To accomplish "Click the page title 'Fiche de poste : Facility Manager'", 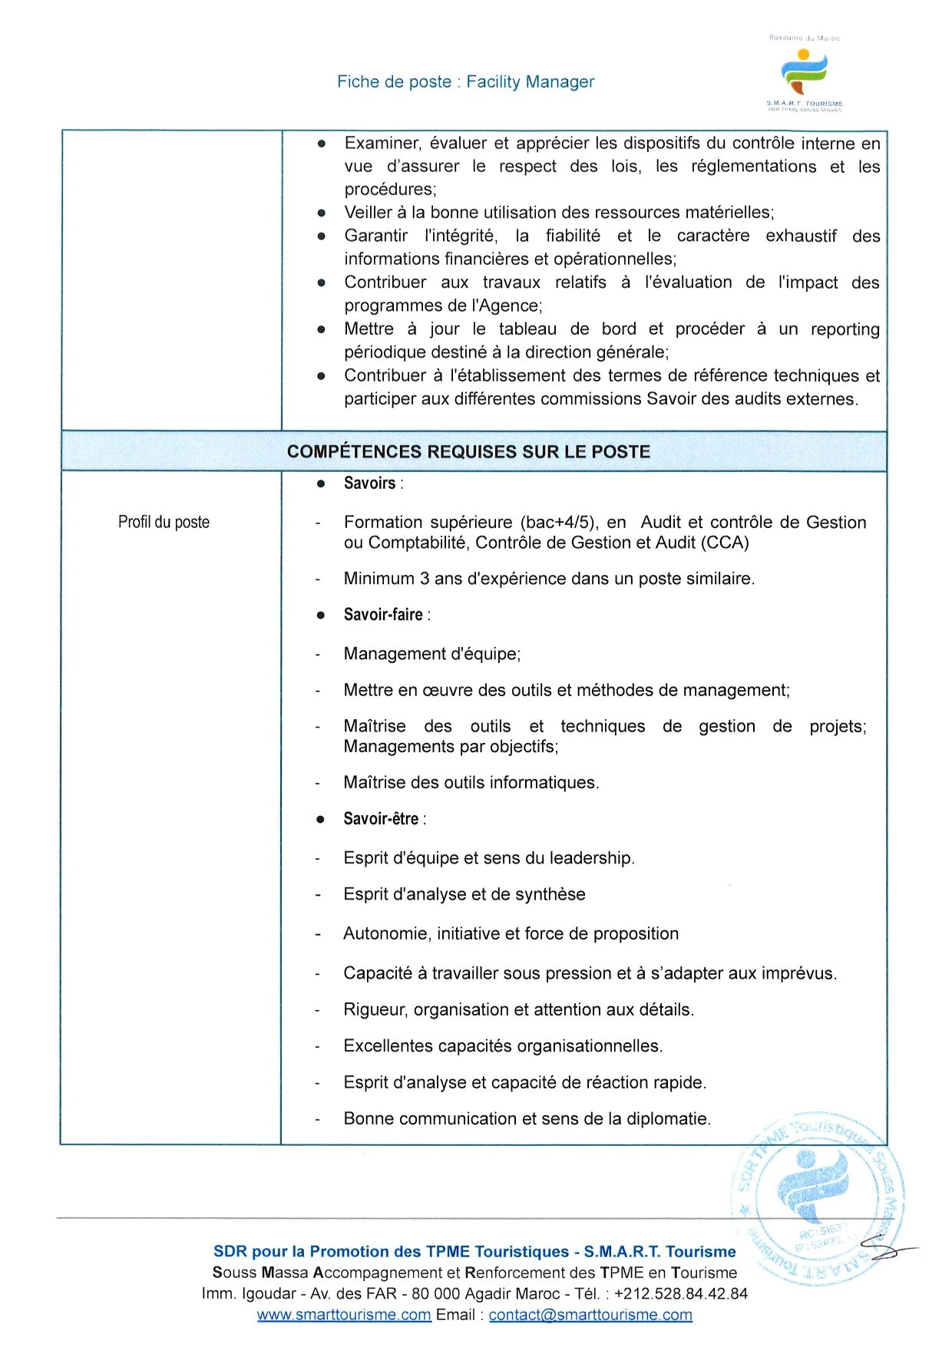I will [465, 82].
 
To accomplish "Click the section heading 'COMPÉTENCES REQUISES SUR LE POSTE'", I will [468, 451].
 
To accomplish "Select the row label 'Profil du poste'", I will [164, 522].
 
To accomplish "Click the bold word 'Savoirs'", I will [369, 484].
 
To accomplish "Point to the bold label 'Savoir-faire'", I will [383, 615].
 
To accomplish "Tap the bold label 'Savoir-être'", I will [381, 819].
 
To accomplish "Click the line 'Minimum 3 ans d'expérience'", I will [549, 579].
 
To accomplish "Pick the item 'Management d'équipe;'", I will [432, 654].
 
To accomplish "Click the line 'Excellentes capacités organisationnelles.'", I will [503, 1046].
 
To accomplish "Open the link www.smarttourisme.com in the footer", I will [344, 1315].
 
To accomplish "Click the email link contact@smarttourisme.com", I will [590, 1315].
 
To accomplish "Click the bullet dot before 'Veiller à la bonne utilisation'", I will [322, 213].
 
